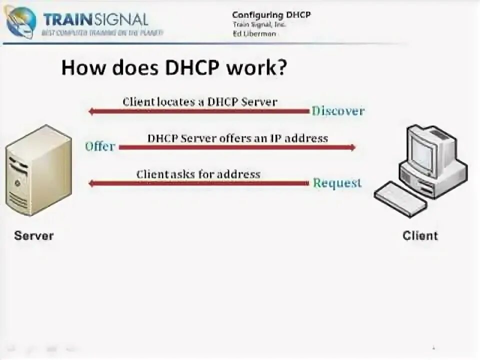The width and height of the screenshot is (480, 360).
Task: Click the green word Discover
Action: coord(338,111)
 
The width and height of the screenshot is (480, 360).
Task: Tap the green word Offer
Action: coord(100,146)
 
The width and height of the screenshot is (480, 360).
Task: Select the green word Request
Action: coord(337,183)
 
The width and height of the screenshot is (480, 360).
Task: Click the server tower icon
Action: coord(38,170)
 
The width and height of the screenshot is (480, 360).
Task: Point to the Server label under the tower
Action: coord(33,235)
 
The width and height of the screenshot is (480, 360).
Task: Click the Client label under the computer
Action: coord(420,235)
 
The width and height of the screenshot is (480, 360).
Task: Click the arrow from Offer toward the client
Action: coord(237,147)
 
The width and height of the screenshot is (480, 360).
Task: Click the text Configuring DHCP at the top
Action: coord(271,15)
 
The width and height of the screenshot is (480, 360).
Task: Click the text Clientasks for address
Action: coord(198,174)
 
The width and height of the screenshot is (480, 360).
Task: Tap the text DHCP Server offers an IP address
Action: coord(237,138)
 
